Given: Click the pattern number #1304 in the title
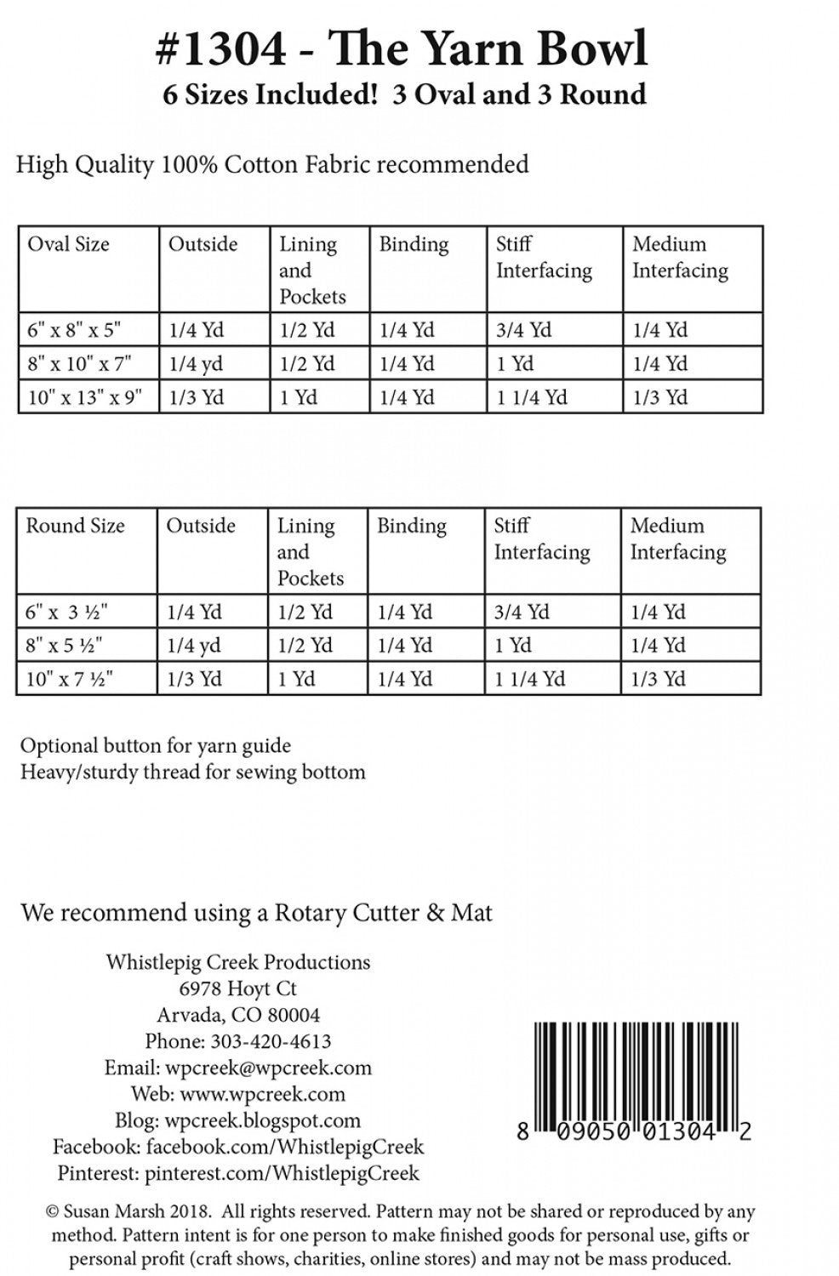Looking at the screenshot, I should click(222, 49).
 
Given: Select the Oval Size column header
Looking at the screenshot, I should click(69, 245).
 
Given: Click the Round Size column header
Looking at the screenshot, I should click(75, 526).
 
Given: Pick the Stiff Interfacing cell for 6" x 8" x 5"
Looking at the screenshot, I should click(523, 330).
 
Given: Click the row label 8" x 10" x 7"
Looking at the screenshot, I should click(79, 364).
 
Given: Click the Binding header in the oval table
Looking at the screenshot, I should click(414, 245).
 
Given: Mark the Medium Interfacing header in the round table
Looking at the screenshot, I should click(677, 538).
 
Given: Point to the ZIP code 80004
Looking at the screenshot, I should click(292, 1015).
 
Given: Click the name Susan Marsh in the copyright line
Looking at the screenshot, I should click(112, 1210).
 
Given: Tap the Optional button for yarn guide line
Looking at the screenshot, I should click(156, 746).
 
